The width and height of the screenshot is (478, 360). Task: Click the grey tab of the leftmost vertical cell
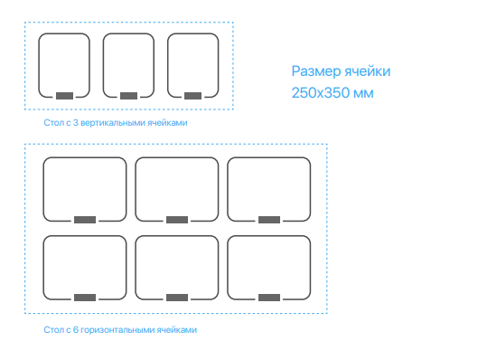tap(64, 96)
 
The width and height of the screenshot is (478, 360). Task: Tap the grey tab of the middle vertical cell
tap(128, 96)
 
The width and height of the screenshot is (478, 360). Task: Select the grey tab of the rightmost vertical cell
tap(192, 96)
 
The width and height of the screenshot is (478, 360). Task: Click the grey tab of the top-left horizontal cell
tap(85, 220)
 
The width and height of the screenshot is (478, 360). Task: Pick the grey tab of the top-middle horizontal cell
tap(177, 220)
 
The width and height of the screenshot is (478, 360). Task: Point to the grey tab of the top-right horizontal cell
tap(269, 220)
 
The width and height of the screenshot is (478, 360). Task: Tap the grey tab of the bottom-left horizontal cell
tap(85, 298)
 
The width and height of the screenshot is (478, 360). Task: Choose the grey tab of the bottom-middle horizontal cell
tap(177, 298)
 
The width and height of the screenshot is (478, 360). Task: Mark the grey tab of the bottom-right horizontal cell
tap(269, 298)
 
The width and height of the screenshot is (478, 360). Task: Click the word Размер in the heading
tap(316, 71)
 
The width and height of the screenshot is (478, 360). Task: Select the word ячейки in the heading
tap(368, 71)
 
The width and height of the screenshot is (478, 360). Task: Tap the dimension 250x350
tap(321, 93)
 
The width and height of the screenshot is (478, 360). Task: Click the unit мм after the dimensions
tap(363, 94)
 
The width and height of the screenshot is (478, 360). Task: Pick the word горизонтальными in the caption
tap(117, 330)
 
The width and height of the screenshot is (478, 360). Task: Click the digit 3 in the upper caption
tap(76, 123)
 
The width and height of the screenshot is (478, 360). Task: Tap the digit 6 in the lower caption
tap(76, 330)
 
